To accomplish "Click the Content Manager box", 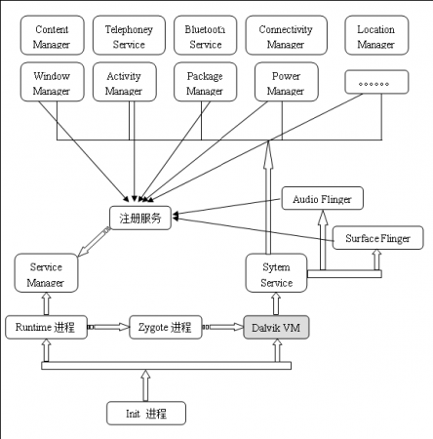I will (x=51, y=37).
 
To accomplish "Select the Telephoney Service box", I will (x=123, y=37).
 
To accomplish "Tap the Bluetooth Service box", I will (x=204, y=37).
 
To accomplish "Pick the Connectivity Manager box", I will (x=285, y=37).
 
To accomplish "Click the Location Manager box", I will (x=375, y=37).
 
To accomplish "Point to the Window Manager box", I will (x=51, y=83).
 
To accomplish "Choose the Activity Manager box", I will (x=123, y=83).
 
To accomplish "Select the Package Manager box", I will (x=204, y=83).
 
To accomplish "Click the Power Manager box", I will (x=285, y=83).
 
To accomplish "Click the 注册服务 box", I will (x=141, y=218).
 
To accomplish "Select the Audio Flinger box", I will (x=322, y=198).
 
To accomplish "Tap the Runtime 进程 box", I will (x=46, y=327).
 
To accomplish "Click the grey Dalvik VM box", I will (x=276, y=327).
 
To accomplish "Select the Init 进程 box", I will (x=145, y=414).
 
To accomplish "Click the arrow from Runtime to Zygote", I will (x=108, y=327).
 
